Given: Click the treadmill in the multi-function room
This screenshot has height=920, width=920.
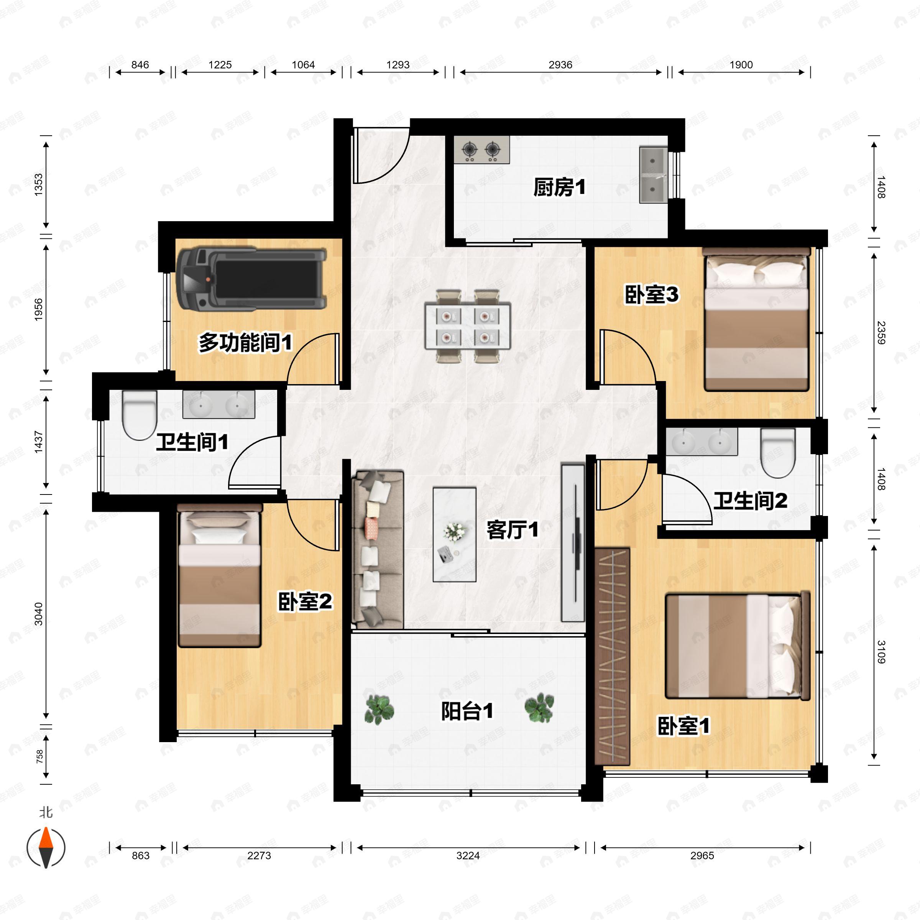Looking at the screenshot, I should coord(251,279).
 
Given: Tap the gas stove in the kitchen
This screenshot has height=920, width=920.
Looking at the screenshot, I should coord(481,150).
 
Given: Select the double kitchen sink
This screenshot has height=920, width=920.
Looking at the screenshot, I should coord(653,175).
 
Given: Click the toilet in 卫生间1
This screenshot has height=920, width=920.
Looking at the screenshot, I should coord(140,415).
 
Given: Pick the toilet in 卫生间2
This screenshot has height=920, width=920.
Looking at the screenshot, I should coord(778,453).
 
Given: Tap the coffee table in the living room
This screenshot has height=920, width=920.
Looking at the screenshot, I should coord(454,534).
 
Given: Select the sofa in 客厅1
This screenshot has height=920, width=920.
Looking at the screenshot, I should coord(378,549).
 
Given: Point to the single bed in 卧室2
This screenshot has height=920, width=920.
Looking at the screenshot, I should coord(220,577).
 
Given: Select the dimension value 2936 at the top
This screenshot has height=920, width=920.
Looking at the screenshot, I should coord(560,65).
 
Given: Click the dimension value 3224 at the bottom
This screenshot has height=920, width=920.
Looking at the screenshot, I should coord(468,855).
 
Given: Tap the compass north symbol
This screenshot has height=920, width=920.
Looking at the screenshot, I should coord(46,848).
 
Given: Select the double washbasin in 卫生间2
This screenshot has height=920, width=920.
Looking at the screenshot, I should coord(701,442).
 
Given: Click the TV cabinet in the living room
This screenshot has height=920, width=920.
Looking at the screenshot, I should coord(573,542).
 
